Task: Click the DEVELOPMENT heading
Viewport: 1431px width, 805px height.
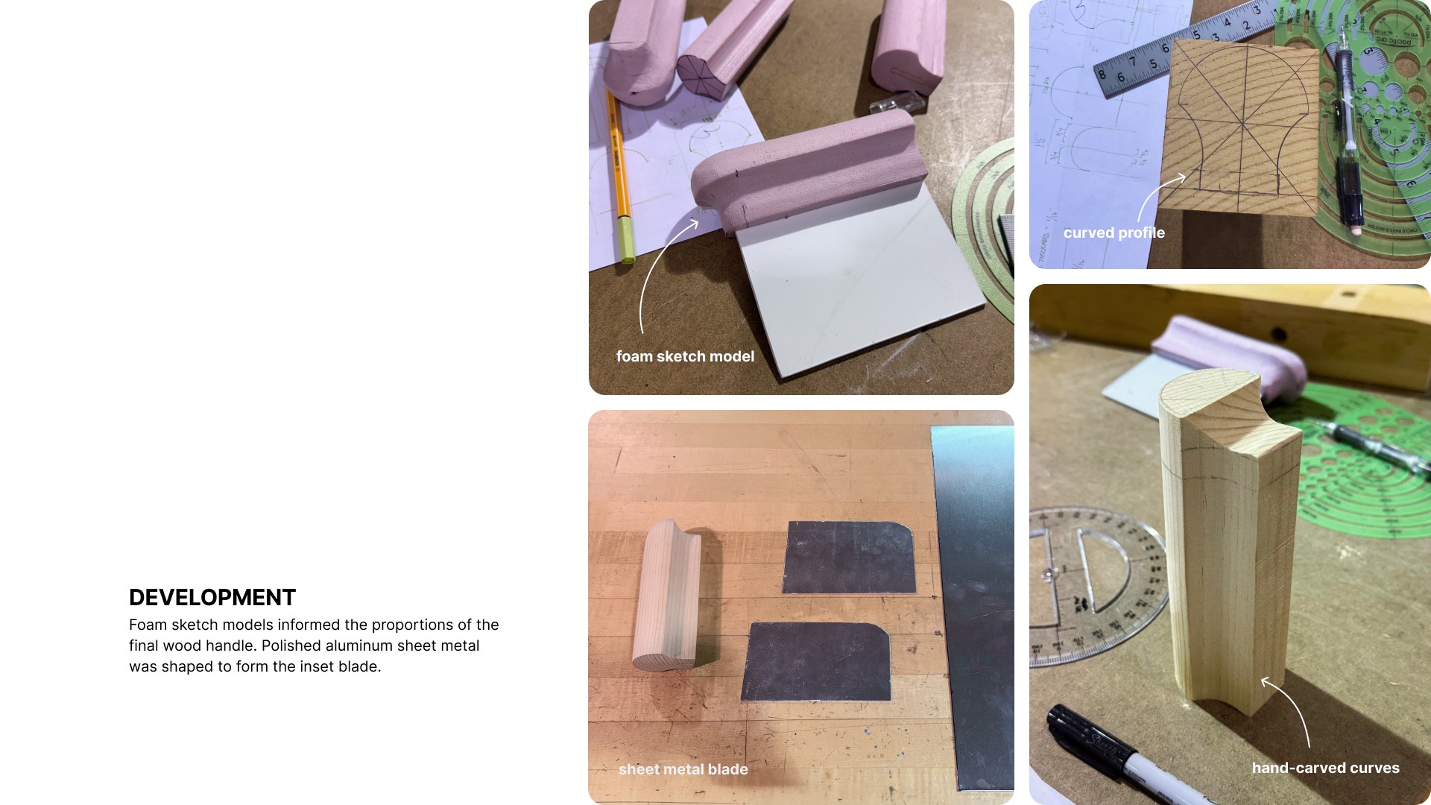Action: [212, 598]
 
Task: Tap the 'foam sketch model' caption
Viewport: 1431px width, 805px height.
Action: [685, 356]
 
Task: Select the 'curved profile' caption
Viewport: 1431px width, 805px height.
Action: [1113, 233]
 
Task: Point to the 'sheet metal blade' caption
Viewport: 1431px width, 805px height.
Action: [683, 769]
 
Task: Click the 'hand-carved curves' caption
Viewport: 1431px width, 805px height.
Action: [1325, 768]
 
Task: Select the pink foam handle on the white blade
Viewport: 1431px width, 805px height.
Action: [801, 168]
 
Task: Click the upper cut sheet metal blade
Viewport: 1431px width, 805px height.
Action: [849, 557]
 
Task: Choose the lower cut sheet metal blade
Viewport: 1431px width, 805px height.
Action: [817, 661]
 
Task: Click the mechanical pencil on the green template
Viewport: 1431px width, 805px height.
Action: [1350, 127]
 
